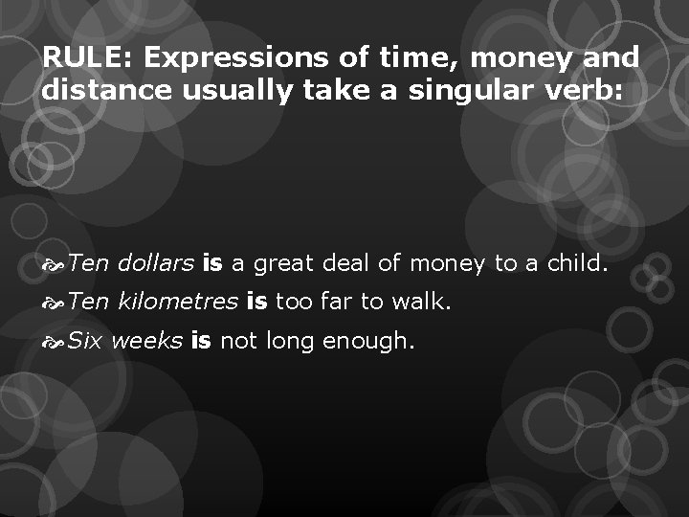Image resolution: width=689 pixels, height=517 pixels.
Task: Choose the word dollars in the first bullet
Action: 157,263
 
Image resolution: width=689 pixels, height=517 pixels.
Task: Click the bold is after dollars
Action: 212,263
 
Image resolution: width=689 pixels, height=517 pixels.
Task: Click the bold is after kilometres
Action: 256,303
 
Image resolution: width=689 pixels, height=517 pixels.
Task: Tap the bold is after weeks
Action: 200,341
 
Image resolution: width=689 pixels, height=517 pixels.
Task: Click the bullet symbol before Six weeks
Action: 54,342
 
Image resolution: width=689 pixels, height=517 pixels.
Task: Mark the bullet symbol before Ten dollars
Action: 54,264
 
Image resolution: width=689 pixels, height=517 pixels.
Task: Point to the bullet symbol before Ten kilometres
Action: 54,303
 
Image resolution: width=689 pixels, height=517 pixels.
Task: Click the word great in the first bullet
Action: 285,264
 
